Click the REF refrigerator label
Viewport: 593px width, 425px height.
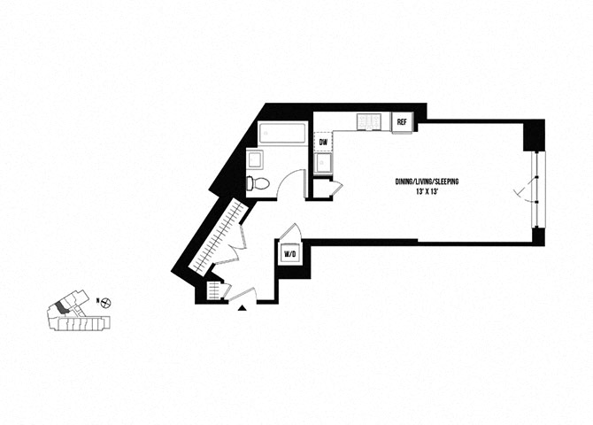[x=401, y=122]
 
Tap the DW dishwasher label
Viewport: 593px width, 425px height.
[x=323, y=143]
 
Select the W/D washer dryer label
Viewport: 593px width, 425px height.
[x=289, y=254]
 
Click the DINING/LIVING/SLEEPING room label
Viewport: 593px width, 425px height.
[x=427, y=182]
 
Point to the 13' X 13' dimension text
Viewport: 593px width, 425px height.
[x=427, y=191]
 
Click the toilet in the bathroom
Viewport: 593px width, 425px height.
[x=258, y=183]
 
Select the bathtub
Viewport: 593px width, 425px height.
[x=281, y=133]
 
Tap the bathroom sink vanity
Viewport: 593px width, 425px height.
[x=255, y=159]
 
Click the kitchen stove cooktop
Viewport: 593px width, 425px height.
[x=369, y=121]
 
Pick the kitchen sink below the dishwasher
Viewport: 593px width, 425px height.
[x=323, y=163]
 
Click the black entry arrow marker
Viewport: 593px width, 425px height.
[x=242, y=308]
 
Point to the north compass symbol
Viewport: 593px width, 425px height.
[x=106, y=302]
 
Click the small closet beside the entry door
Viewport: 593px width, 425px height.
[x=214, y=290]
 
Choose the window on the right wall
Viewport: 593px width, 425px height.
[x=537, y=189]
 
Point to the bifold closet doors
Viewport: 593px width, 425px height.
[x=232, y=245]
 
